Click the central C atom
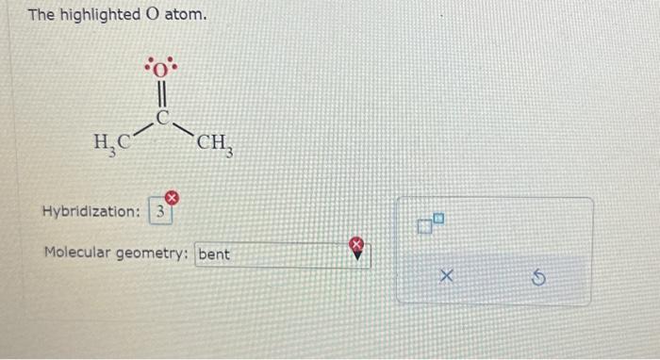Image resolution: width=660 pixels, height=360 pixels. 162,119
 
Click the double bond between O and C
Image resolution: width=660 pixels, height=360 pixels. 161,95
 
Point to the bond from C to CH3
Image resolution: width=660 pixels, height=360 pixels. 183,130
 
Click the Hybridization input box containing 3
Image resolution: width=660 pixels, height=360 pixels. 160,212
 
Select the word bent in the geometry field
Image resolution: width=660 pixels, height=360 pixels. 214,254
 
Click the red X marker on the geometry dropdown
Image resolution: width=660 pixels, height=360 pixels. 358,245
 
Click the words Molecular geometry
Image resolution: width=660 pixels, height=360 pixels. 117,254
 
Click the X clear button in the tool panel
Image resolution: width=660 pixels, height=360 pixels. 448,278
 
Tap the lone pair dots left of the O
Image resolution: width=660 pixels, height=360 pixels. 149,68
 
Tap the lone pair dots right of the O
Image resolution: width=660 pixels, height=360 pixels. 174,68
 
